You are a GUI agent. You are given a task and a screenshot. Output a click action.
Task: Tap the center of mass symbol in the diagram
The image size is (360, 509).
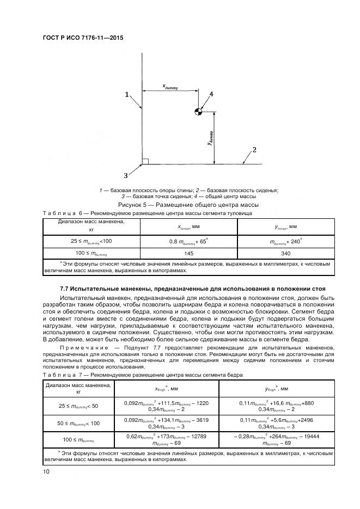(x=199, y=112)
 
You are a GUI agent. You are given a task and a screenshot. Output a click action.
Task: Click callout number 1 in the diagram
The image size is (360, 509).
(x=127, y=95)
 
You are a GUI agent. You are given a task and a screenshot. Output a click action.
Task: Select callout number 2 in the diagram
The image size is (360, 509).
(x=254, y=149)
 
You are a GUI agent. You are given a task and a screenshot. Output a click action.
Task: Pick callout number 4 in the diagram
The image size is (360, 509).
(x=211, y=94)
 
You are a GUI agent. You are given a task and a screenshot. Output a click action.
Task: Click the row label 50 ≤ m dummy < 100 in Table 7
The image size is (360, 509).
(x=78, y=422)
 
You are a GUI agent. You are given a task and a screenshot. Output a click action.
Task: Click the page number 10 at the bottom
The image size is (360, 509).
(x=46, y=472)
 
